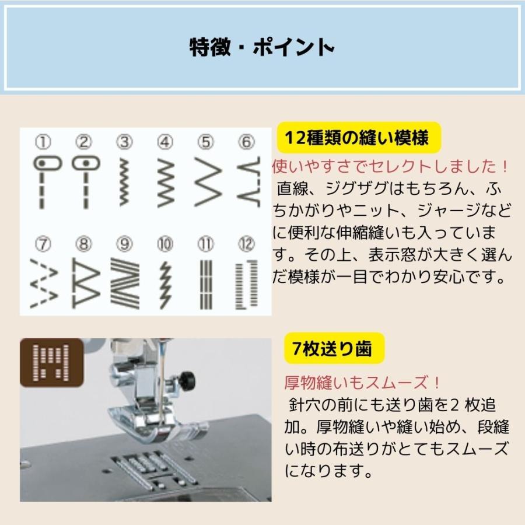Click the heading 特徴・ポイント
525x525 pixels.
tap(262, 47)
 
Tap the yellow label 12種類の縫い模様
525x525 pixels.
tap(356, 138)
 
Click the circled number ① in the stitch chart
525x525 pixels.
tap(43, 142)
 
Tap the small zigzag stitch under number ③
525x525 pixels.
tap(124, 181)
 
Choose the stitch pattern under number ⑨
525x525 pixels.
tap(124, 283)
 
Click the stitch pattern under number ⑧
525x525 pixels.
tap(84, 283)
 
